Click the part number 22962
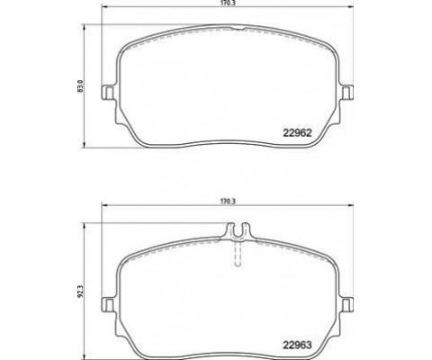point(298,133)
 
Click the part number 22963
point(298,345)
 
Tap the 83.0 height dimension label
point(80,85)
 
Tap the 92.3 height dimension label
point(79,292)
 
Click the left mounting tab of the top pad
point(108,92)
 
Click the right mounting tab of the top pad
point(346,92)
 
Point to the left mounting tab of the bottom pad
point(108,304)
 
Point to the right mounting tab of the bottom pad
point(346,304)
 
